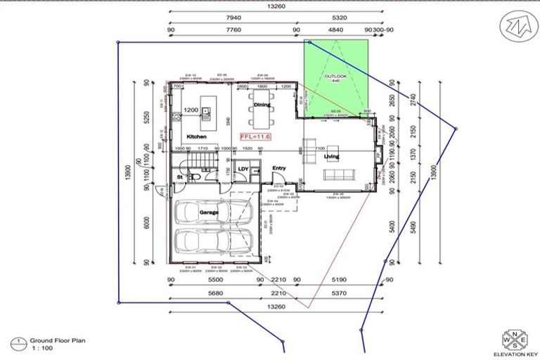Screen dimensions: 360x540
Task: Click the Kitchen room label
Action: pyautogui.click(x=197, y=136)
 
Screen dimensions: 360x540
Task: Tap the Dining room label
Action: pyautogui.click(x=262, y=105)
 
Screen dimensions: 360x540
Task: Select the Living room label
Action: pyautogui.click(x=331, y=156)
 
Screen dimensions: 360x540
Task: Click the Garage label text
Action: pyautogui.click(x=209, y=212)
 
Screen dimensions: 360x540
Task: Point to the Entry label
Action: pyautogui.click(x=279, y=168)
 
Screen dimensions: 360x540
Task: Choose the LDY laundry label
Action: pyautogui.click(x=243, y=169)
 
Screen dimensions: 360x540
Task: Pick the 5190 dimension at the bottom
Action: pyautogui.click(x=341, y=280)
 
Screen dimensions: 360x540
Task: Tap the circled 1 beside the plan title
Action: pyautogui.click(x=15, y=342)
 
